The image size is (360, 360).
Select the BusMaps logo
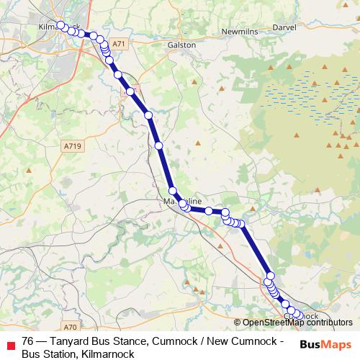pyautogui.click(x=325, y=346)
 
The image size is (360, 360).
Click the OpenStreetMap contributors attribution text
pyautogui.click(x=297, y=323)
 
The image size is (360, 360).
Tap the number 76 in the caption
pyautogui.click(x=28, y=341)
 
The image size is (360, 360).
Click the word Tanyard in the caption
pyautogui.click(x=73, y=341)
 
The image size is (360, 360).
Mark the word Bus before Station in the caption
pyautogui.click(x=30, y=354)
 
